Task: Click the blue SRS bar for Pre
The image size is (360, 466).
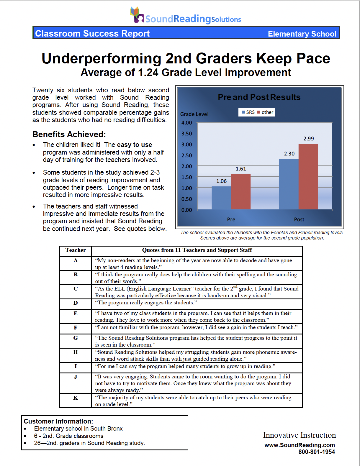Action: click(x=221, y=198)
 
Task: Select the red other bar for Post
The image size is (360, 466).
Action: click(x=308, y=176)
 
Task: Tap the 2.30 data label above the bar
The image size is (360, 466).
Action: click(x=289, y=154)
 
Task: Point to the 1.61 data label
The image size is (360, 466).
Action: click(x=241, y=169)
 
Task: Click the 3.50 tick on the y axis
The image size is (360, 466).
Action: click(x=186, y=134)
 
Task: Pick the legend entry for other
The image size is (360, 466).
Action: click(x=265, y=112)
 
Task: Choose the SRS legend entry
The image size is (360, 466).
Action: click(x=248, y=112)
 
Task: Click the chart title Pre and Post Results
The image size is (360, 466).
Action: click(x=259, y=97)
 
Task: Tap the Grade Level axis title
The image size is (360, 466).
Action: click(x=194, y=114)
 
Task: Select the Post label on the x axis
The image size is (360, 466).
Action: click(x=299, y=219)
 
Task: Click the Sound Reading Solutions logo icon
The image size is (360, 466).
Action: click(x=136, y=15)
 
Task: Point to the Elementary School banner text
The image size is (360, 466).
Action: click(x=302, y=34)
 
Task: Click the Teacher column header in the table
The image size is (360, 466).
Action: click(x=76, y=250)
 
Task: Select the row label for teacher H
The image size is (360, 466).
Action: click(x=76, y=352)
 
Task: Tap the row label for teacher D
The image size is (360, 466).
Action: click(x=76, y=303)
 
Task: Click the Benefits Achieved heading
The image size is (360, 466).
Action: click(x=69, y=134)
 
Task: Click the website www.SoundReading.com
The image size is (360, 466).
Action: click(x=300, y=445)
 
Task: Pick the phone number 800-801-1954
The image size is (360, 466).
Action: click(x=316, y=452)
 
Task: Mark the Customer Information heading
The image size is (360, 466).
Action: click(x=58, y=421)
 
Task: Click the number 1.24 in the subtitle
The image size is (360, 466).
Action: click(x=148, y=73)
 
